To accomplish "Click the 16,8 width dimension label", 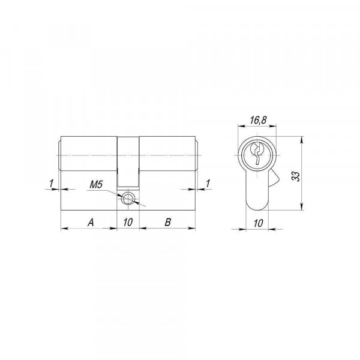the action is tap(258, 119).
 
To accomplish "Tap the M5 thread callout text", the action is tap(96, 185).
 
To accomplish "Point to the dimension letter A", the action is tap(91, 222).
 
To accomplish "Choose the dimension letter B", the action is tap(168, 222).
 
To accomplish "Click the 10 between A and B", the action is tap(128, 222).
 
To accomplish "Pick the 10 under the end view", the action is tap(258, 223).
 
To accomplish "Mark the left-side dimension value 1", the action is tap(51, 183).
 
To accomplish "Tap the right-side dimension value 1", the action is tap(208, 183).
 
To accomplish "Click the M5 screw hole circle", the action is tap(128, 198).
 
